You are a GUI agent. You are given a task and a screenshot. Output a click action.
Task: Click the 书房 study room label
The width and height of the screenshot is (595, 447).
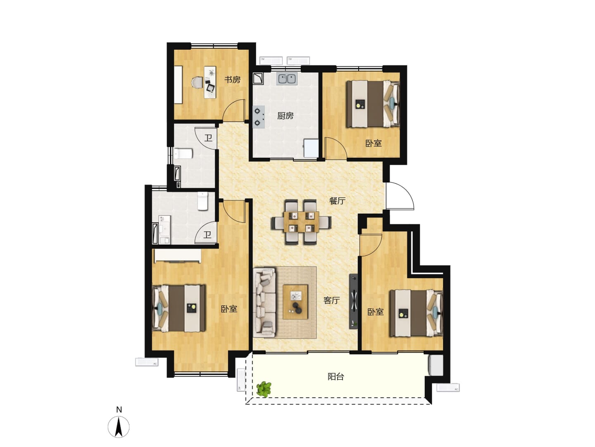point(232,80)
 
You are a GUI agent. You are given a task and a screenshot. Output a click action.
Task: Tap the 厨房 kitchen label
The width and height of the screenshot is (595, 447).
point(285,116)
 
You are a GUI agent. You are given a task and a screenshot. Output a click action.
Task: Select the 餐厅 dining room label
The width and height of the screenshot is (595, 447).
point(337,201)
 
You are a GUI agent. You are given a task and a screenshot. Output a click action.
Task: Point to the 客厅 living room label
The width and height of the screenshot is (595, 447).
point(331,300)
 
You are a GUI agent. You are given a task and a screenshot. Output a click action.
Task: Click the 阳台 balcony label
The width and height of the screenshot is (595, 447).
point(336,377)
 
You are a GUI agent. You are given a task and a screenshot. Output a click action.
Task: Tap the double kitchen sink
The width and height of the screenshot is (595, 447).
point(287,79)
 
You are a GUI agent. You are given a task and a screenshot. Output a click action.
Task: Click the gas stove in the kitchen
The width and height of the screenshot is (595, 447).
point(259,117)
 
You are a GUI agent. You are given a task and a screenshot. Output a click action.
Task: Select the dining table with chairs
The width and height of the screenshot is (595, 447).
point(301,222)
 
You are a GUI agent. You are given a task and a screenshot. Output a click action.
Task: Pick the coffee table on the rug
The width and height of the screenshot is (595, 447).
point(295,302)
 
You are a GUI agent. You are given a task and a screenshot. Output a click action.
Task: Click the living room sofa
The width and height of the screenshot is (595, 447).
point(264,303)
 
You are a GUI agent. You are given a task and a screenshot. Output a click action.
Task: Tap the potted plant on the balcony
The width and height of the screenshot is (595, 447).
point(264,389)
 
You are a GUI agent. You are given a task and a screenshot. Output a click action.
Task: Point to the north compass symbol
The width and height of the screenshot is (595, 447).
point(119,427)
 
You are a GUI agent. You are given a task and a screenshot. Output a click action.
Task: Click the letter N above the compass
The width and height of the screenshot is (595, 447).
point(119,410)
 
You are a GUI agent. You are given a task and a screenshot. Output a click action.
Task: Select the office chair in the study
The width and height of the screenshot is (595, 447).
point(197,82)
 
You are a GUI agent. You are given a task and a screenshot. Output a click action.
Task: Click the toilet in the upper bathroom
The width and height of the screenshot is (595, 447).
point(183,154)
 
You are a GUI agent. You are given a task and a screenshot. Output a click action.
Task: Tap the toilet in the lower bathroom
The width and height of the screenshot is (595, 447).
point(202,201)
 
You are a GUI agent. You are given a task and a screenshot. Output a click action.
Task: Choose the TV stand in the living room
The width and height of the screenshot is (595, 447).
point(353,301)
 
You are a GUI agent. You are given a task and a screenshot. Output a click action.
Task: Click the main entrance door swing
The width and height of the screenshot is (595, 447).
point(400,196)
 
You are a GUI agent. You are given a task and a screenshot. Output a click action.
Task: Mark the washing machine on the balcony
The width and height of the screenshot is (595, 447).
point(436,365)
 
